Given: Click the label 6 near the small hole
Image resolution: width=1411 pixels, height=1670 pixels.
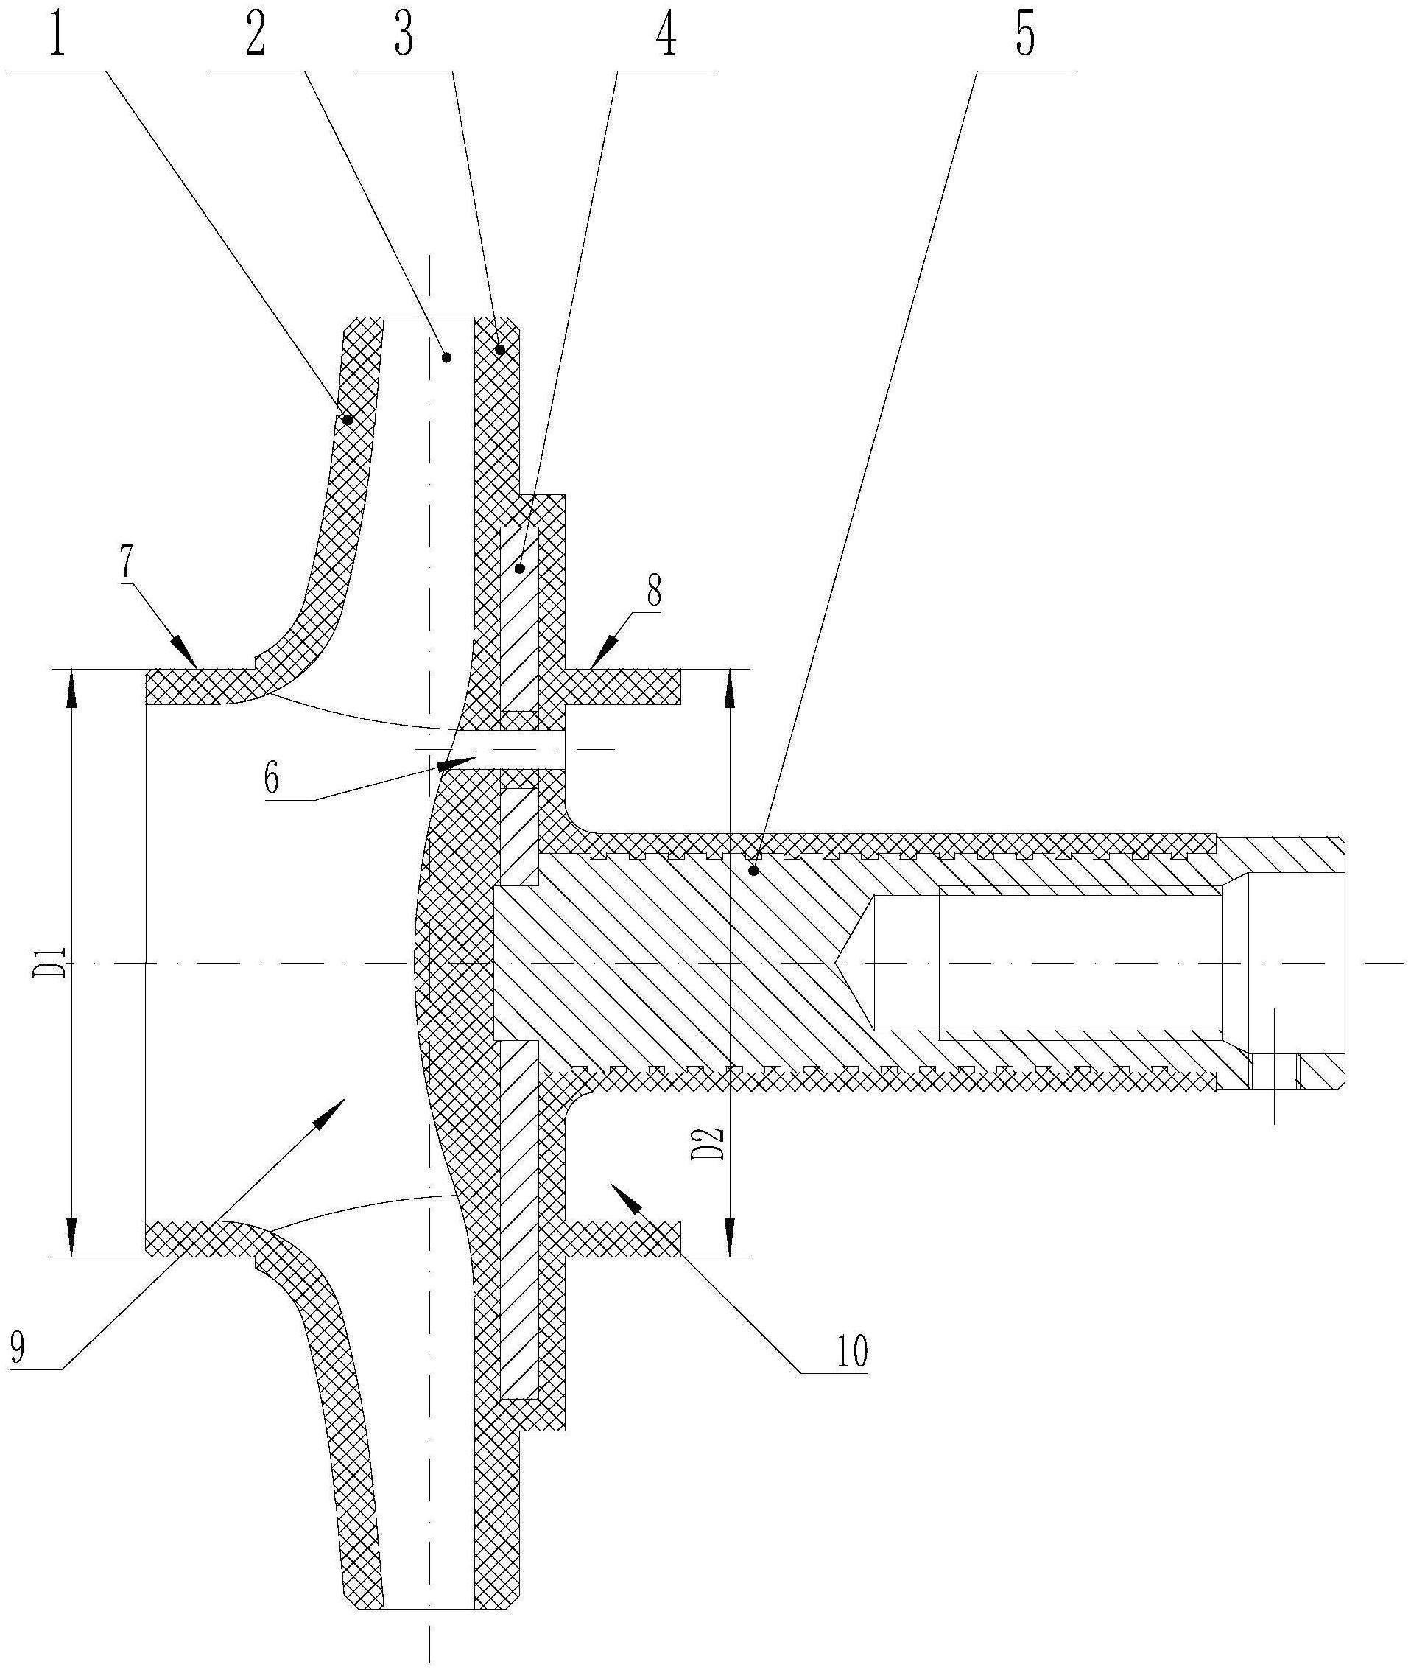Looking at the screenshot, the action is tap(272, 776).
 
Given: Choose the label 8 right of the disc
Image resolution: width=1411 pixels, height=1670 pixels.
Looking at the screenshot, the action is tap(653, 592).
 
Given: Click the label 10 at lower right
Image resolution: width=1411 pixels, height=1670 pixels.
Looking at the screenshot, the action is tap(851, 1353).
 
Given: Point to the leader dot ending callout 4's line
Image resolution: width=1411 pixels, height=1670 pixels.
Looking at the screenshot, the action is tap(520, 568).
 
